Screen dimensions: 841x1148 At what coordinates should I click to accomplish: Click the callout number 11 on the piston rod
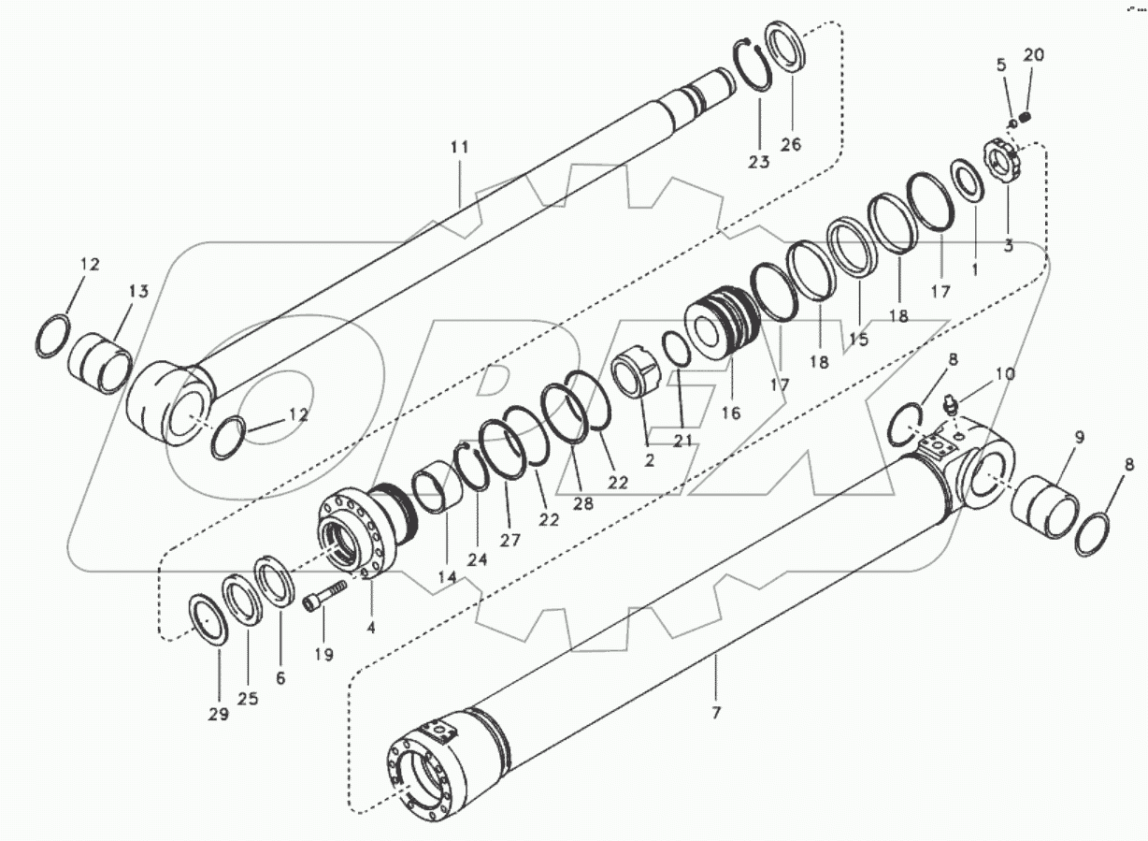458,148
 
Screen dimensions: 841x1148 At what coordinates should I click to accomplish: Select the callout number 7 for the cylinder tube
716,713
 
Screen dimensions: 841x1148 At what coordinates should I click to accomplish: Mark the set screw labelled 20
1025,118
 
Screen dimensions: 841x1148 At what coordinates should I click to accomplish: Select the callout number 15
858,340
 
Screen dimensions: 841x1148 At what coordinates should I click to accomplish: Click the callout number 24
478,561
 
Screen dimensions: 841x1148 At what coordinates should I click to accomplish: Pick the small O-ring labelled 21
677,351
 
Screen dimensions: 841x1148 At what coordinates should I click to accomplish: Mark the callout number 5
1001,65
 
